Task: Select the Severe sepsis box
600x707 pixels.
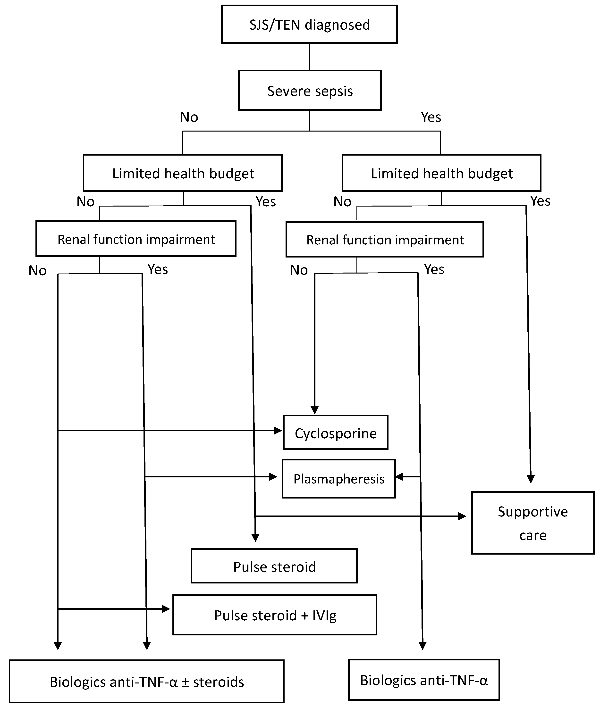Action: [310, 91]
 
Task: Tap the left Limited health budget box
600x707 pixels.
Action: [183, 173]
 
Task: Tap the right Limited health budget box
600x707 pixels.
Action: [441, 173]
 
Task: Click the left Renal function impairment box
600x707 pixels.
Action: [136, 239]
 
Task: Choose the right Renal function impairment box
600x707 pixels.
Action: [385, 240]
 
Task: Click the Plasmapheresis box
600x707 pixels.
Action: [338, 479]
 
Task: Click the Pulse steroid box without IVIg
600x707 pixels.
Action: [274, 567]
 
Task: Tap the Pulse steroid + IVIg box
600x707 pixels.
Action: [275, 615]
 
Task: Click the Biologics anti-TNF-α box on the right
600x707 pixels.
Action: [424, 680]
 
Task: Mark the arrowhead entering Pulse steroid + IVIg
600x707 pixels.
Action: [166, 609]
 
